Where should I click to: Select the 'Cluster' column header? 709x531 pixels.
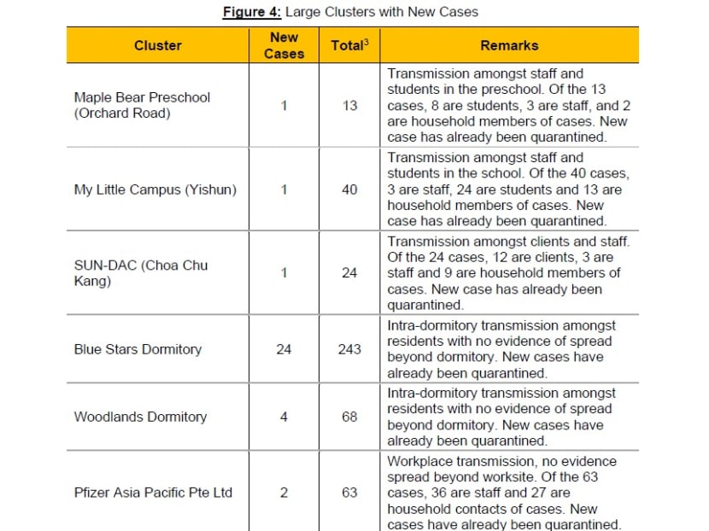point(158,45)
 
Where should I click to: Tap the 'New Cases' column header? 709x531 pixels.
point(284,45)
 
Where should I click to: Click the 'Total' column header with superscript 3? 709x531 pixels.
point(349,45)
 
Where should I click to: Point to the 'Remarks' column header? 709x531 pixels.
point(510,45)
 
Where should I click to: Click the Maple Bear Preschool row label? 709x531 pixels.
point(141,105)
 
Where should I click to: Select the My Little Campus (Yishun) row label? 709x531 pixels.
point(155,190)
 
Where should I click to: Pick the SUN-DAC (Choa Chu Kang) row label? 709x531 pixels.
point(140,273)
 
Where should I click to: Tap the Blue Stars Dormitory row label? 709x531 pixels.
point(138,349)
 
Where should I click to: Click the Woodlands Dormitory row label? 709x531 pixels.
point(140,417)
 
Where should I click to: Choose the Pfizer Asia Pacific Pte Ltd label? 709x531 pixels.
point(153,493)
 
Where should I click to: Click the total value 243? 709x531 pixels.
point(349,349)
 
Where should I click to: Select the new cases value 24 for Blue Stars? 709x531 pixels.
point(284,349)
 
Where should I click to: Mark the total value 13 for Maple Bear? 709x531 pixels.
point(349,106)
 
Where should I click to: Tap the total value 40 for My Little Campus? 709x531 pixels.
point(349,190)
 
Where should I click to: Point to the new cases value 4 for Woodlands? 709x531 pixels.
point(284,417)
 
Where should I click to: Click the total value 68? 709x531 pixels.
point(349,417)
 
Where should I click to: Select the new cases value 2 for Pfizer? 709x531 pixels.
point(284,493)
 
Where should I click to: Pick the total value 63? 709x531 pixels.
point(349,493)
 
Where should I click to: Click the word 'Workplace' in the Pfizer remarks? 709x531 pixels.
point(419,461)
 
